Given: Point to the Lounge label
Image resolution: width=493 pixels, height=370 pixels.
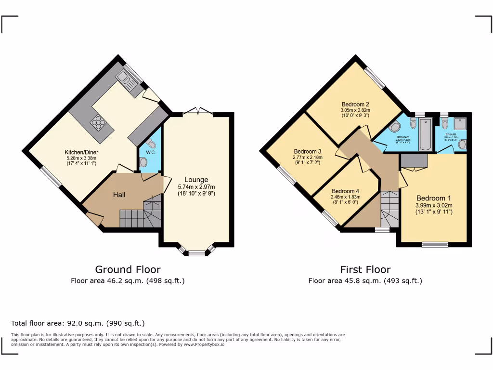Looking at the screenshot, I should coord(196,180).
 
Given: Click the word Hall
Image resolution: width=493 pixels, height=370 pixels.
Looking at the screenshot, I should coord(119,195).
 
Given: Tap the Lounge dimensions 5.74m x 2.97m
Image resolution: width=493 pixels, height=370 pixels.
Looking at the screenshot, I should coord(196,187).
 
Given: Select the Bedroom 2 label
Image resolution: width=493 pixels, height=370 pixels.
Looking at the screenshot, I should coord(355,105).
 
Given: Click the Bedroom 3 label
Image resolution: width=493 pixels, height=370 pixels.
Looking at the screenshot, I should coord(307,151).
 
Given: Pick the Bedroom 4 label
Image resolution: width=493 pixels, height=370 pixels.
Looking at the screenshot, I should coord(346,190).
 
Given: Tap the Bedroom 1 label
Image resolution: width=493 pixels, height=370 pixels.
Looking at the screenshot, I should coord(434,198).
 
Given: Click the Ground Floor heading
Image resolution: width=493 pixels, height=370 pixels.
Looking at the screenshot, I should coord(128,270).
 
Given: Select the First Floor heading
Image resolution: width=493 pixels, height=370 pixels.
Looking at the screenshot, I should coord(365,270).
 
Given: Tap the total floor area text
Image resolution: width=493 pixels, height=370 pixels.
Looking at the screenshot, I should coord(78,323).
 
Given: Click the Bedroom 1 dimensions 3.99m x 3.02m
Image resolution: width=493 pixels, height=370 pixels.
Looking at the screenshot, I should coord(434,205).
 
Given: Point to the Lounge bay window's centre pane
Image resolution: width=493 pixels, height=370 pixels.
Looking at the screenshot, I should coord(196,252).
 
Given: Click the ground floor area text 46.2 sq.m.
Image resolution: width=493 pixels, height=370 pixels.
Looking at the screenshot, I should coord(128,280).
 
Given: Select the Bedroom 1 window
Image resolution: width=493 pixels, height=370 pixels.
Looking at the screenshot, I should coord(435,245).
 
